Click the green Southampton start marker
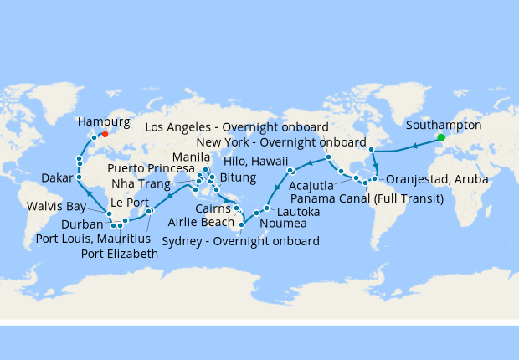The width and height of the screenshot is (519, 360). pyautogui.click(x=441, y=137)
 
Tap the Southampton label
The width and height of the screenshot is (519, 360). pyautogui.click(x=444, y=125)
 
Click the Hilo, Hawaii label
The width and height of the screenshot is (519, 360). pyautogui.click(x=255, y=162)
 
